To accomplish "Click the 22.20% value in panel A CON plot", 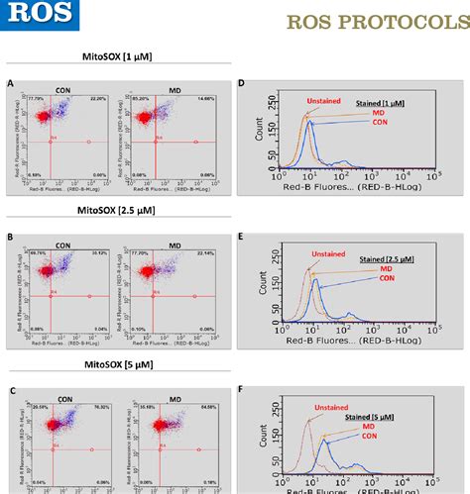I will click(97, 100).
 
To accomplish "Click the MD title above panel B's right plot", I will click(175, 243).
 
